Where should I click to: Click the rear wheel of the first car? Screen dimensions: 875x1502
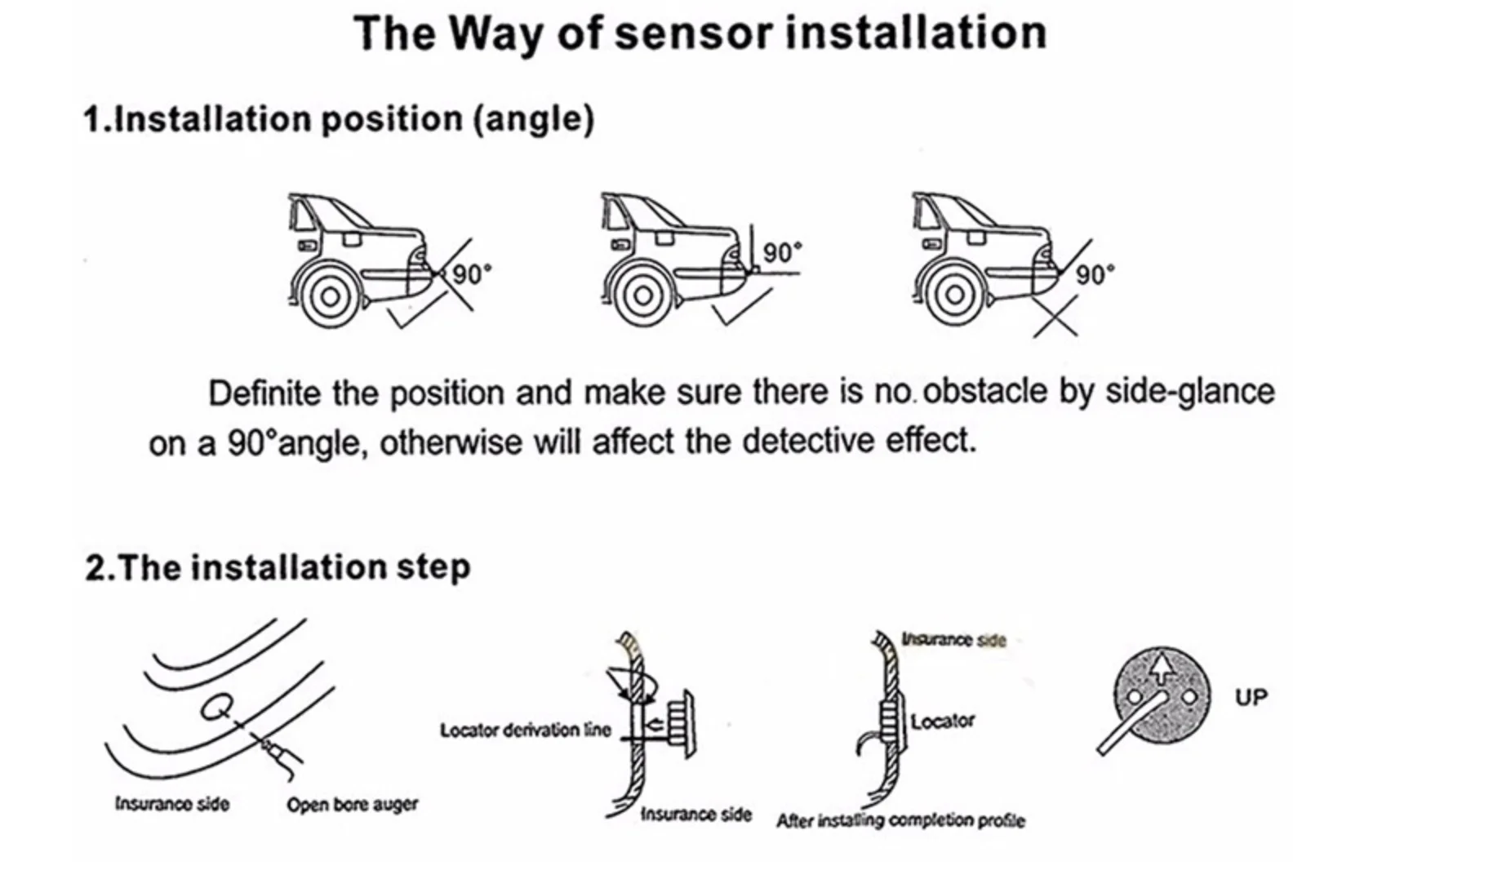pos(328,296)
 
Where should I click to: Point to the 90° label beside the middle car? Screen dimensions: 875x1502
pos(782,253)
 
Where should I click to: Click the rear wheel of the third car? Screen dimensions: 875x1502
pos(953,295)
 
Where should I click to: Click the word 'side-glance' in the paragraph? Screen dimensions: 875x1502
pos(1189,392)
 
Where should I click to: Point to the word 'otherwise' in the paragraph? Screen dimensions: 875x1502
pos(451,442)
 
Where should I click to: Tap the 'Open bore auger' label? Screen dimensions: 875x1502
pos(352,805)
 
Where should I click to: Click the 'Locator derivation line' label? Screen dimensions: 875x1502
pos(525,730)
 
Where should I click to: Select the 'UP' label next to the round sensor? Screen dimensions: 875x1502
pos(1251,698)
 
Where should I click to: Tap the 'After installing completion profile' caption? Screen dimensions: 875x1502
pos(900,820)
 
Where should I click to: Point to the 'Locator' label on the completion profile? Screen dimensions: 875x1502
pos(942,722)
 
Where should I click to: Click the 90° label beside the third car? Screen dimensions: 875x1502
pos(1094,274)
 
